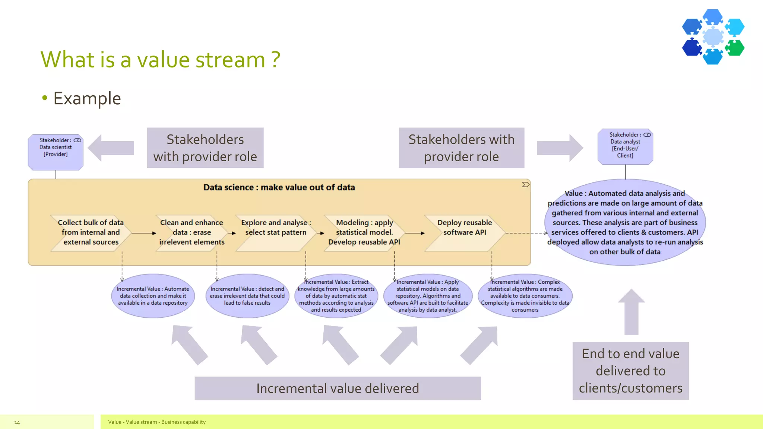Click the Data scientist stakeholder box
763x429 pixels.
(x=56, y=152)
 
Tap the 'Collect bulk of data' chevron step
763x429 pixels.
(x=91, y=233)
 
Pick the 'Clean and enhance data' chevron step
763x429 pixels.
(x=191, y=233)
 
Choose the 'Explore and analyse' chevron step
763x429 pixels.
(x=275, y=233)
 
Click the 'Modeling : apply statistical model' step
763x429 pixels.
(x=364, y=233)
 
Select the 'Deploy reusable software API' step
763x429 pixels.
(x=464, y=233)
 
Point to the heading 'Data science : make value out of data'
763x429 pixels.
(x=279, y=187)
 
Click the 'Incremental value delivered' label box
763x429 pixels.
(x=338, y=388)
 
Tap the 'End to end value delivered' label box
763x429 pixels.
(x=630, y=371)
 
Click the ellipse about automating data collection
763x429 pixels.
(x=153, y=296)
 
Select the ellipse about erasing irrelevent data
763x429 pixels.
(x=247, y=296)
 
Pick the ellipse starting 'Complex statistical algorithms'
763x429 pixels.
(x=525, y=296)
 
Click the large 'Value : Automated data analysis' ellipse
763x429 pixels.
(x=625, y=222)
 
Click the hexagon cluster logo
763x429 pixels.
(x=713, y=37)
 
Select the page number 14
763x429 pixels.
(x=17, y=422)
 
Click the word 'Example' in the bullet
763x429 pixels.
(x=87, y=99)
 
